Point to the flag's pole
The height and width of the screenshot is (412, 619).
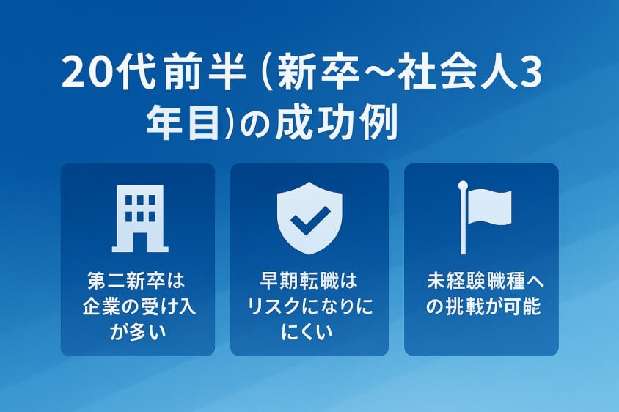coord(463,218)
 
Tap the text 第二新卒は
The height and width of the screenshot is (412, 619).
coord(137,281)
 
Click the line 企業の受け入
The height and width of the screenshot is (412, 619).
coord(137,306)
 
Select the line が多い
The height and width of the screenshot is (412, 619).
coord(137,331)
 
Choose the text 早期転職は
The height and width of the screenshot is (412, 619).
coord(308,281)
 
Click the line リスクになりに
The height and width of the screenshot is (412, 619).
coord(308,306)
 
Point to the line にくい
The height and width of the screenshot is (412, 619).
coord(308,331)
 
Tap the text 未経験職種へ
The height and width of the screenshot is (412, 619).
coord(482,281)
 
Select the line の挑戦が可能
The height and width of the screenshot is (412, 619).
coord(482,306)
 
